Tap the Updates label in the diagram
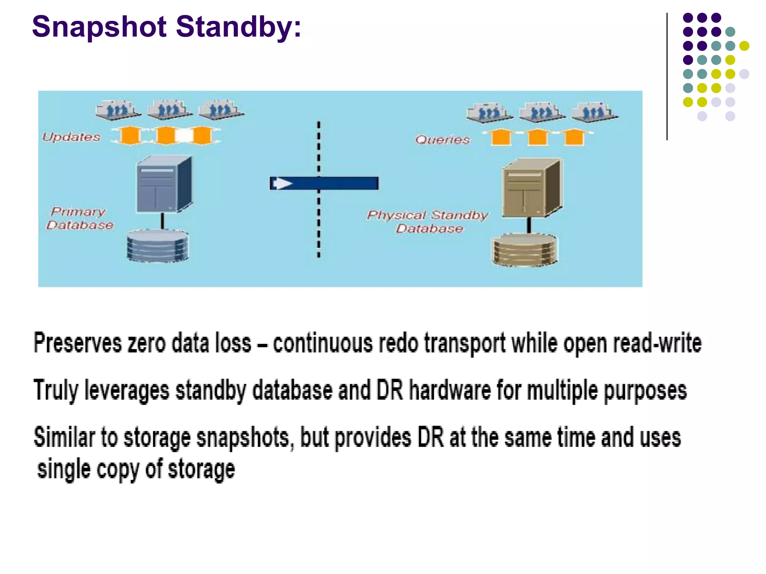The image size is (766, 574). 71,137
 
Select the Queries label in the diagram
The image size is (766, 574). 442,140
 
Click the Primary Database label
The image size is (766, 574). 80,218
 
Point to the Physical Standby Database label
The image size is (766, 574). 428,222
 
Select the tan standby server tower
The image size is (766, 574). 531,188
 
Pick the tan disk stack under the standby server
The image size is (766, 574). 524,249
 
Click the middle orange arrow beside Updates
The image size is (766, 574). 166,135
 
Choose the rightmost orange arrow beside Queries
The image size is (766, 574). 574,137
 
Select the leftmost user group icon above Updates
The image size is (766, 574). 118,110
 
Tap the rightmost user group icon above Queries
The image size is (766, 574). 594,112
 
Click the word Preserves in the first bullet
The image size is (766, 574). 77,343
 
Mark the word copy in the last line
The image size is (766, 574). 118,469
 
